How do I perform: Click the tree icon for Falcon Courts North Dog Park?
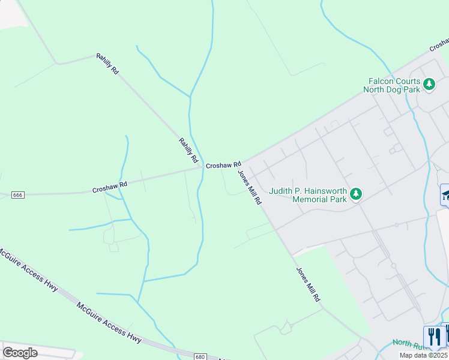(x=429, y=84)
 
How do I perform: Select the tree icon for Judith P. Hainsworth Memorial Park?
(x=357, y=194)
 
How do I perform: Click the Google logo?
(x=20, y=353)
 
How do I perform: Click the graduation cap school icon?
(x=446, y=194)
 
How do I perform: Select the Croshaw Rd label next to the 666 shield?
(x=110, y=187)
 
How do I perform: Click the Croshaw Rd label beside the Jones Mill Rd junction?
(x=223, y=164)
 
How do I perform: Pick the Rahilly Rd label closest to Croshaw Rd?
(x=188, y=151)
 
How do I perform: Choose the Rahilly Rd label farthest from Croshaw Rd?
(x=107, y=64)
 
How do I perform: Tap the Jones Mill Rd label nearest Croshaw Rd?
(x=250, y=187)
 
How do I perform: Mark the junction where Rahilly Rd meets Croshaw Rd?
(x=202, y=167)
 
